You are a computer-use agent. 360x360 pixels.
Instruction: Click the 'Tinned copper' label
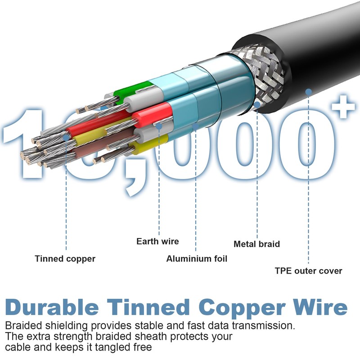pyautogui.click(x=65, y=259)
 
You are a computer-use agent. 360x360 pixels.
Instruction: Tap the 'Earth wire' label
pyautogui.click(x=157, y=242)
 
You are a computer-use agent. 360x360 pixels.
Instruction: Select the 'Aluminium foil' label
pyautogui.click(x=197, y=259)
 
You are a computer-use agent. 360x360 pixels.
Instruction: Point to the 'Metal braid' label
pyautogui.click(x=256, y=244)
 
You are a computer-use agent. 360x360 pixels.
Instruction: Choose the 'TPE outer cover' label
pyautogui.click(x=308, y=271)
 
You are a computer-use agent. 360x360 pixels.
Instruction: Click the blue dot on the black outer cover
pyautogui.click(x=309, y=92)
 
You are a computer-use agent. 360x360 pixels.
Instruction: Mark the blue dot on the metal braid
pyautogui.click(x=257, y=104)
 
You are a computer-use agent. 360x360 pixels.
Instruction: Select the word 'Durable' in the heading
pyautogui.click(x=52, y=307)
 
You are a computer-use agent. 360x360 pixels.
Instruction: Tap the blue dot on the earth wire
pyautogui.click(x=159, y=127)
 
